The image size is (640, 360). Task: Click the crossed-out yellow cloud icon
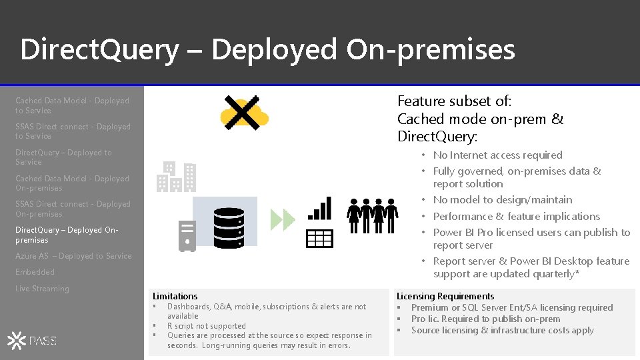(x=244, y=113)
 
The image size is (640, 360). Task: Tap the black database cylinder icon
(x=228, y=228)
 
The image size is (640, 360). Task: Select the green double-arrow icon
(x=283, y=219)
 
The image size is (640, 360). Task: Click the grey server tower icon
(x=187, y=235)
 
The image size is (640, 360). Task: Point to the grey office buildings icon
(x=177, y=176)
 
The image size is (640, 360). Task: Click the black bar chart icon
(x=319, y=208)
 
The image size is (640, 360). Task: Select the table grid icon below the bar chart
(x=319, y=238)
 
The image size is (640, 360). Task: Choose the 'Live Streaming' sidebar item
(x=42, y=289)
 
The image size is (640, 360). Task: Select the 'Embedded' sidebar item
(x=35, y=272)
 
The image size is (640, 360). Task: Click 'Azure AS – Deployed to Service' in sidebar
(x=73, y=256)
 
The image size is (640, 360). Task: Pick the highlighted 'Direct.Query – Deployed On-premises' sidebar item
(x=67, y=235)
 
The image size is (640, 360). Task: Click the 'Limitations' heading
(x=175, y=296)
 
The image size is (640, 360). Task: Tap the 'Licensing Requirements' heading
(x=445, y=296)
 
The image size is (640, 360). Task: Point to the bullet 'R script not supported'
(x=206, y=326)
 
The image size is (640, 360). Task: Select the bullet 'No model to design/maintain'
(x=502, y=200)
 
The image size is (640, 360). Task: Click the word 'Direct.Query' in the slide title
(x=99, y=50)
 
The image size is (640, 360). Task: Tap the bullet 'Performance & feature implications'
(x=516, y=217)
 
